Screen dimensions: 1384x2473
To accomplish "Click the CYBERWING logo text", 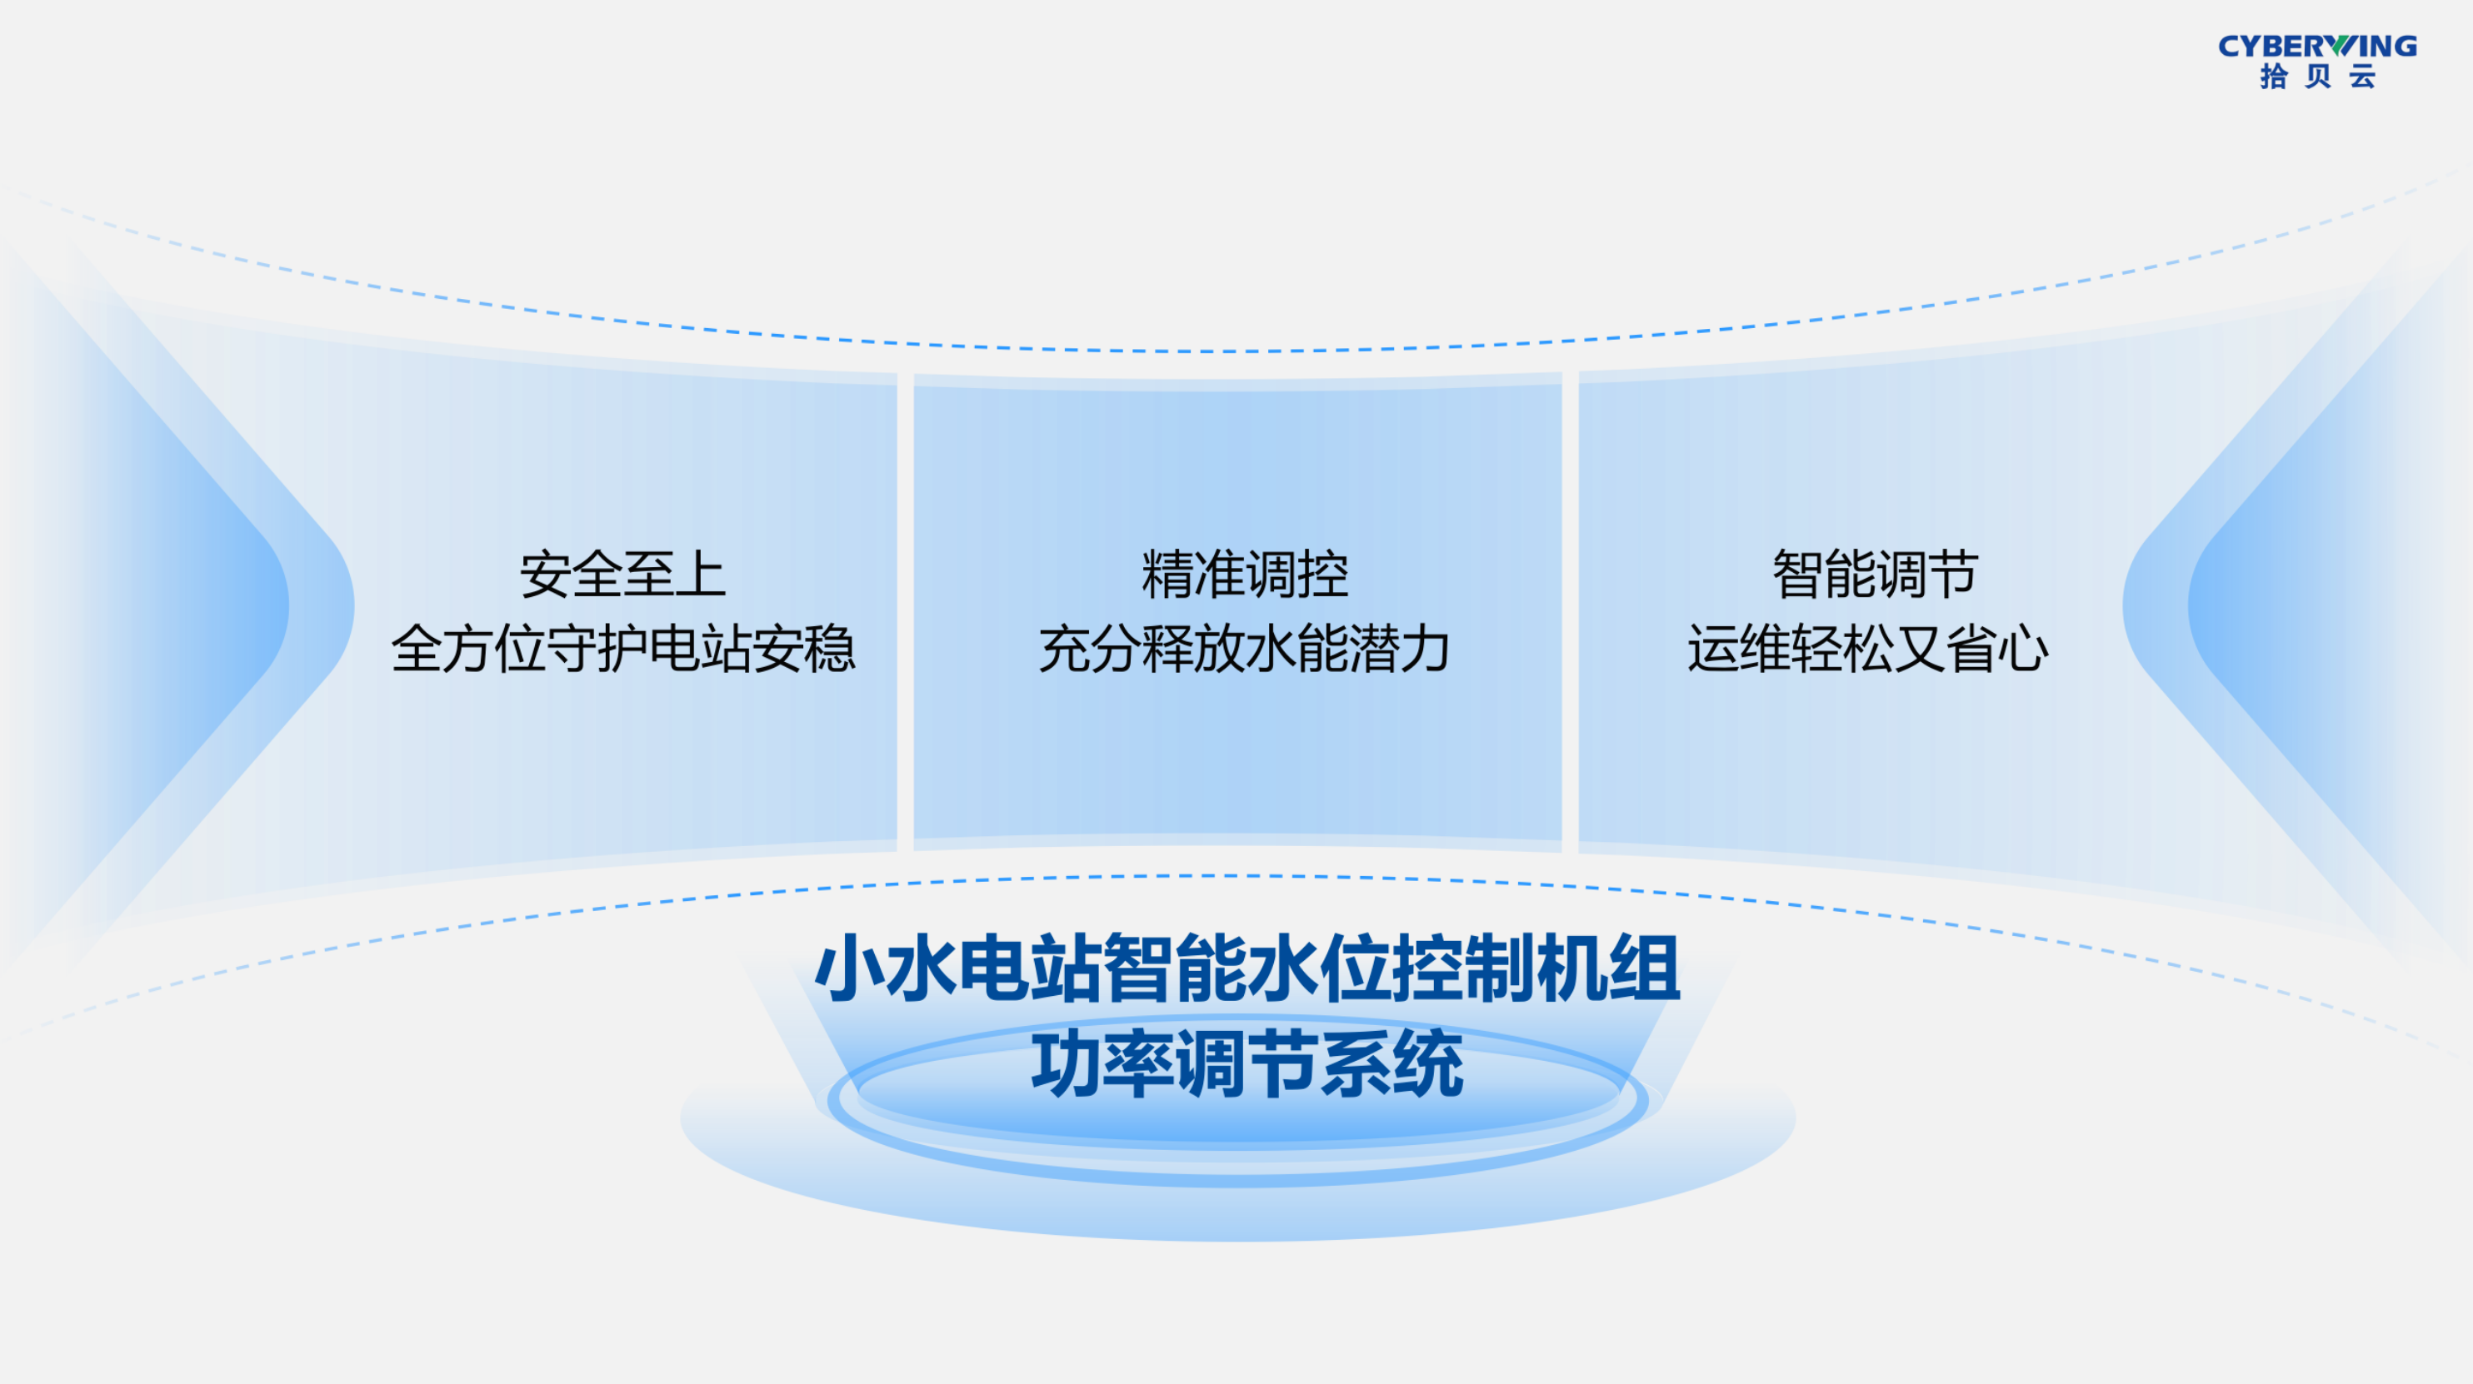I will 2316,46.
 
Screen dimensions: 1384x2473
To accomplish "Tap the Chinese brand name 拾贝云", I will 2317,77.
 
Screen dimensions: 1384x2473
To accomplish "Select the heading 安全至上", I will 622,575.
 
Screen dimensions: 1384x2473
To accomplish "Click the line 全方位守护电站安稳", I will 622,648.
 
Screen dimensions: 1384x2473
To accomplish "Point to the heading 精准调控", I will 1244,575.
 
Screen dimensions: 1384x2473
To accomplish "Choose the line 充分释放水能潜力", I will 1244,648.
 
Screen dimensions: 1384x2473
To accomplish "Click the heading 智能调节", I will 1875,575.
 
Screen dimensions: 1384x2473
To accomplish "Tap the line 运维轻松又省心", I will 1867,648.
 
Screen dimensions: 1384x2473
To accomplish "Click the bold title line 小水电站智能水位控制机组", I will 1247,968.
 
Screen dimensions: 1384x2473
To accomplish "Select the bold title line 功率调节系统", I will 1247,1063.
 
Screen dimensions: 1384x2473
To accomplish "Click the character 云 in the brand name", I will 2363,77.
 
